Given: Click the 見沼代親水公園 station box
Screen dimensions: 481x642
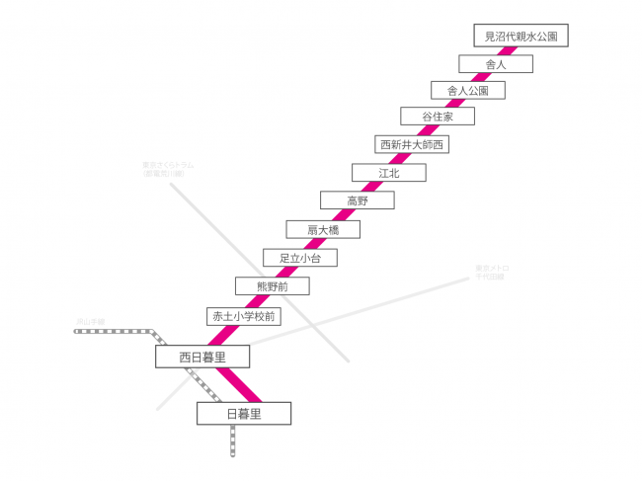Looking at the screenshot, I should (522, 37).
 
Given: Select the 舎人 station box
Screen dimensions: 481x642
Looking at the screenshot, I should (496, 63).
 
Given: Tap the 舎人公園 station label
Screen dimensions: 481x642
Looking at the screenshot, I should (468, 90).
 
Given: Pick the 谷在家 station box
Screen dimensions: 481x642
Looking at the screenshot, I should (437, 117).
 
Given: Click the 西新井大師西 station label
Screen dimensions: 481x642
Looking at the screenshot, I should (413, 144).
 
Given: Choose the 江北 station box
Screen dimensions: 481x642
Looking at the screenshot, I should (388, 173).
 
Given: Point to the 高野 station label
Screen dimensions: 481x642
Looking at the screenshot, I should (357, 200).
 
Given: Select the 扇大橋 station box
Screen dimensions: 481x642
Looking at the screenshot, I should (323, 229).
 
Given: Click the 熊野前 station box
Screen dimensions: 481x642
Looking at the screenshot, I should (272, 286).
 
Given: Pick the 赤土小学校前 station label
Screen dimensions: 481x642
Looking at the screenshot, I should (243, 316).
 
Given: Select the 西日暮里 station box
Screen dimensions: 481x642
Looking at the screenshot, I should (201, 357).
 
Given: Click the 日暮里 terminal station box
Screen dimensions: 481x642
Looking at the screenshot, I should (243, 413).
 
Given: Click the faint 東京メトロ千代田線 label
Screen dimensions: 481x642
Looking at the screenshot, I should (488, 272).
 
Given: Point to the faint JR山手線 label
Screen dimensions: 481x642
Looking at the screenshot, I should (91, 321).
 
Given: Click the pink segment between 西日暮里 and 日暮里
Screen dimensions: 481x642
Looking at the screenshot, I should (237, 384).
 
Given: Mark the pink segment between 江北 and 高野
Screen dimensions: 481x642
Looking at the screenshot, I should (372, 187).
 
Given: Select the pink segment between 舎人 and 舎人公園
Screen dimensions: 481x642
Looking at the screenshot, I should (483, 77).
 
